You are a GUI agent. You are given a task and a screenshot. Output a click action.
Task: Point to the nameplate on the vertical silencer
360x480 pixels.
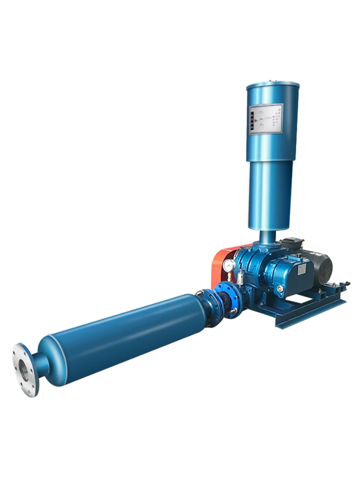(264, 119)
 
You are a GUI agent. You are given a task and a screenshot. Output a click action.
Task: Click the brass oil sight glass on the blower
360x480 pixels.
(280, 288)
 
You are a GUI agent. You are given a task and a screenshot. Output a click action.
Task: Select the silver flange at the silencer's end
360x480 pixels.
(25, 370)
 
